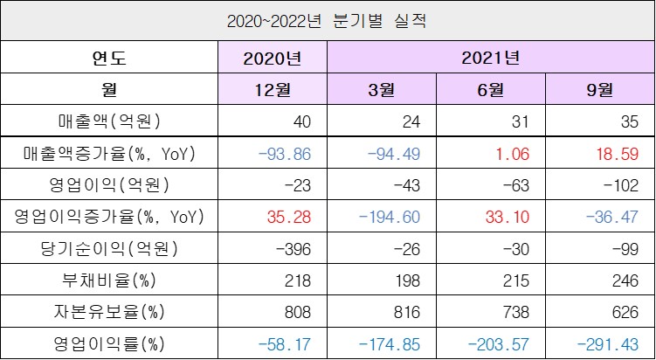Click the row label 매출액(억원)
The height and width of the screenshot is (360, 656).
pos(108,121)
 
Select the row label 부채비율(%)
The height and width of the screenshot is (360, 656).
pos(108,279)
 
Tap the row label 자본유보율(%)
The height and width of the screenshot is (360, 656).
pos(108,310)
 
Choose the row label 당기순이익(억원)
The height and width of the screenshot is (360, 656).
pos(108,247)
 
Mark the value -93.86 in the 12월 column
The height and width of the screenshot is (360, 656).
pos(283,153)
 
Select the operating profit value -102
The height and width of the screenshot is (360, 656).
pos(624,184)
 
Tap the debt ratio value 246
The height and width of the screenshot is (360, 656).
pos(627,279)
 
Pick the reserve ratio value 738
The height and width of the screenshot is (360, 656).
pos(519,310)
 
